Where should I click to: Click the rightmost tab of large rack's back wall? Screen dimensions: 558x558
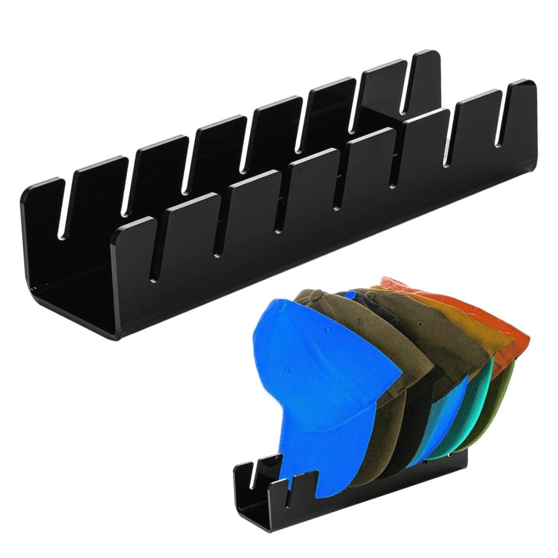425,74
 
